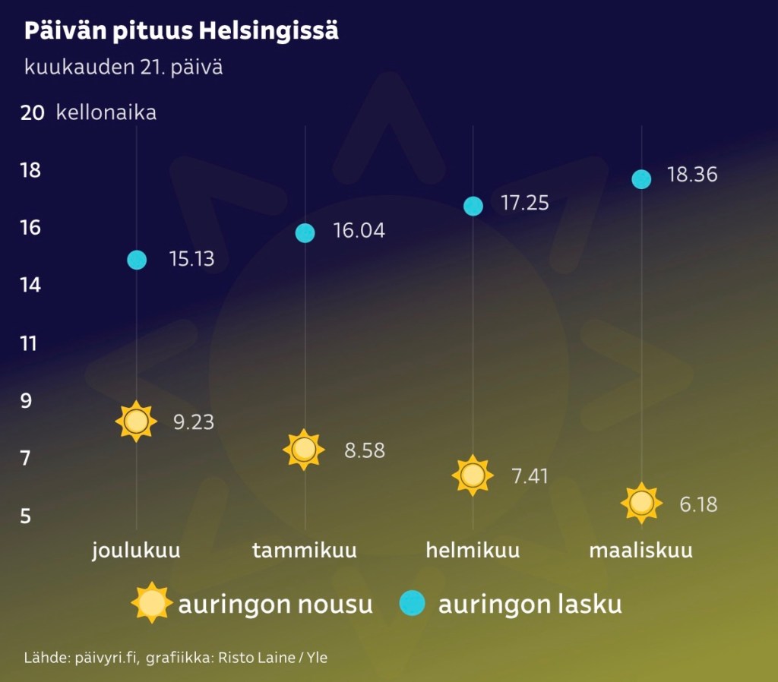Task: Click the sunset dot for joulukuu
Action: click(137, 260)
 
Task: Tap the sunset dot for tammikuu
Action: click(305, 233)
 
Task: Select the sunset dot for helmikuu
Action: click(473, 206)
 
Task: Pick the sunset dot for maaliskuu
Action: click(642, 179)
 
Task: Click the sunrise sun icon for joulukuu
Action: click(137, 421)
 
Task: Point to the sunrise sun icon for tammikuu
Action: click(305, 450)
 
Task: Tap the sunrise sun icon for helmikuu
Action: click(473, 475)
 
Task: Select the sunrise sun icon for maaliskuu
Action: click(642, 503)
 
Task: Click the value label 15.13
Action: click(191, 260)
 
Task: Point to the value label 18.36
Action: click(692, 175)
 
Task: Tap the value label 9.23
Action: click(194, 422)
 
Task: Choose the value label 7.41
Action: click(530, 477)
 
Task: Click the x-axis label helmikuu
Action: click(473, 550)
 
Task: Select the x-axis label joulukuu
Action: click(137, 550)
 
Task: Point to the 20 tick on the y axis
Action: click(32, 112)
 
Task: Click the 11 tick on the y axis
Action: click(30, 343)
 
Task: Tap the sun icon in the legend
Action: click(152, 604)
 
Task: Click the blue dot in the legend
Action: click(412, 604)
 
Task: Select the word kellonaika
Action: click(106, 113)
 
